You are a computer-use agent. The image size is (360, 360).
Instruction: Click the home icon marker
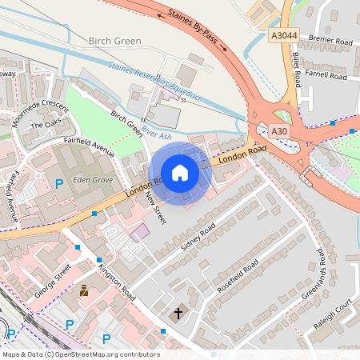(180, 173)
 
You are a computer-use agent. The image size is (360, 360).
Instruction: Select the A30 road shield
(278, 131)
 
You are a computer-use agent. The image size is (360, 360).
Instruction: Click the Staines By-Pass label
(197, 29)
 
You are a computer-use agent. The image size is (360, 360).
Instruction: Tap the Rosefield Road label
(238, 275)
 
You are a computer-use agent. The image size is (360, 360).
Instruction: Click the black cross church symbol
(178, 314)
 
